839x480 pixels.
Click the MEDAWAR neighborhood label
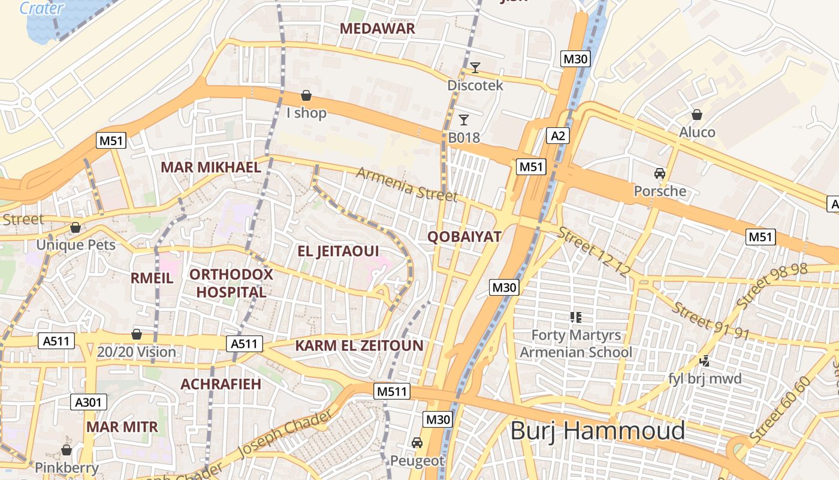pos(377,28)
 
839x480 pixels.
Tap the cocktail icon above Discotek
pos(475,67)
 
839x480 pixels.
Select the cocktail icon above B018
pos(463,119)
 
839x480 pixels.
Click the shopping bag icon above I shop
pos(306,95)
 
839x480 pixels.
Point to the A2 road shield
pos(558,136)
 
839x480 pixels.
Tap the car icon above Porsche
pos(660,173)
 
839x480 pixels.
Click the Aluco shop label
pos(697,132)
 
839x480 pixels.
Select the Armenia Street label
pos(407,184)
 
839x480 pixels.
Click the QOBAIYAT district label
pos(464,236)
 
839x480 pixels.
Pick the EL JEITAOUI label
pos(339,251)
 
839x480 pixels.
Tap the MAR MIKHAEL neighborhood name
pos(210,167)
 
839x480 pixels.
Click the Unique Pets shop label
pos(76,245)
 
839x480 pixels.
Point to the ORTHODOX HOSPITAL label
pos(231,283)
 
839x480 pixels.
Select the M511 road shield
pos(392,392)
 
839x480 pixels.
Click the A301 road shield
pos(88,402)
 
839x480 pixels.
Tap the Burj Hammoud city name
pos(597,431)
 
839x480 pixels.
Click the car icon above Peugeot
pos(417,443)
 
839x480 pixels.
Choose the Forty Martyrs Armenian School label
pos(576,343)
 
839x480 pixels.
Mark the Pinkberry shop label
pos(67,467)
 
